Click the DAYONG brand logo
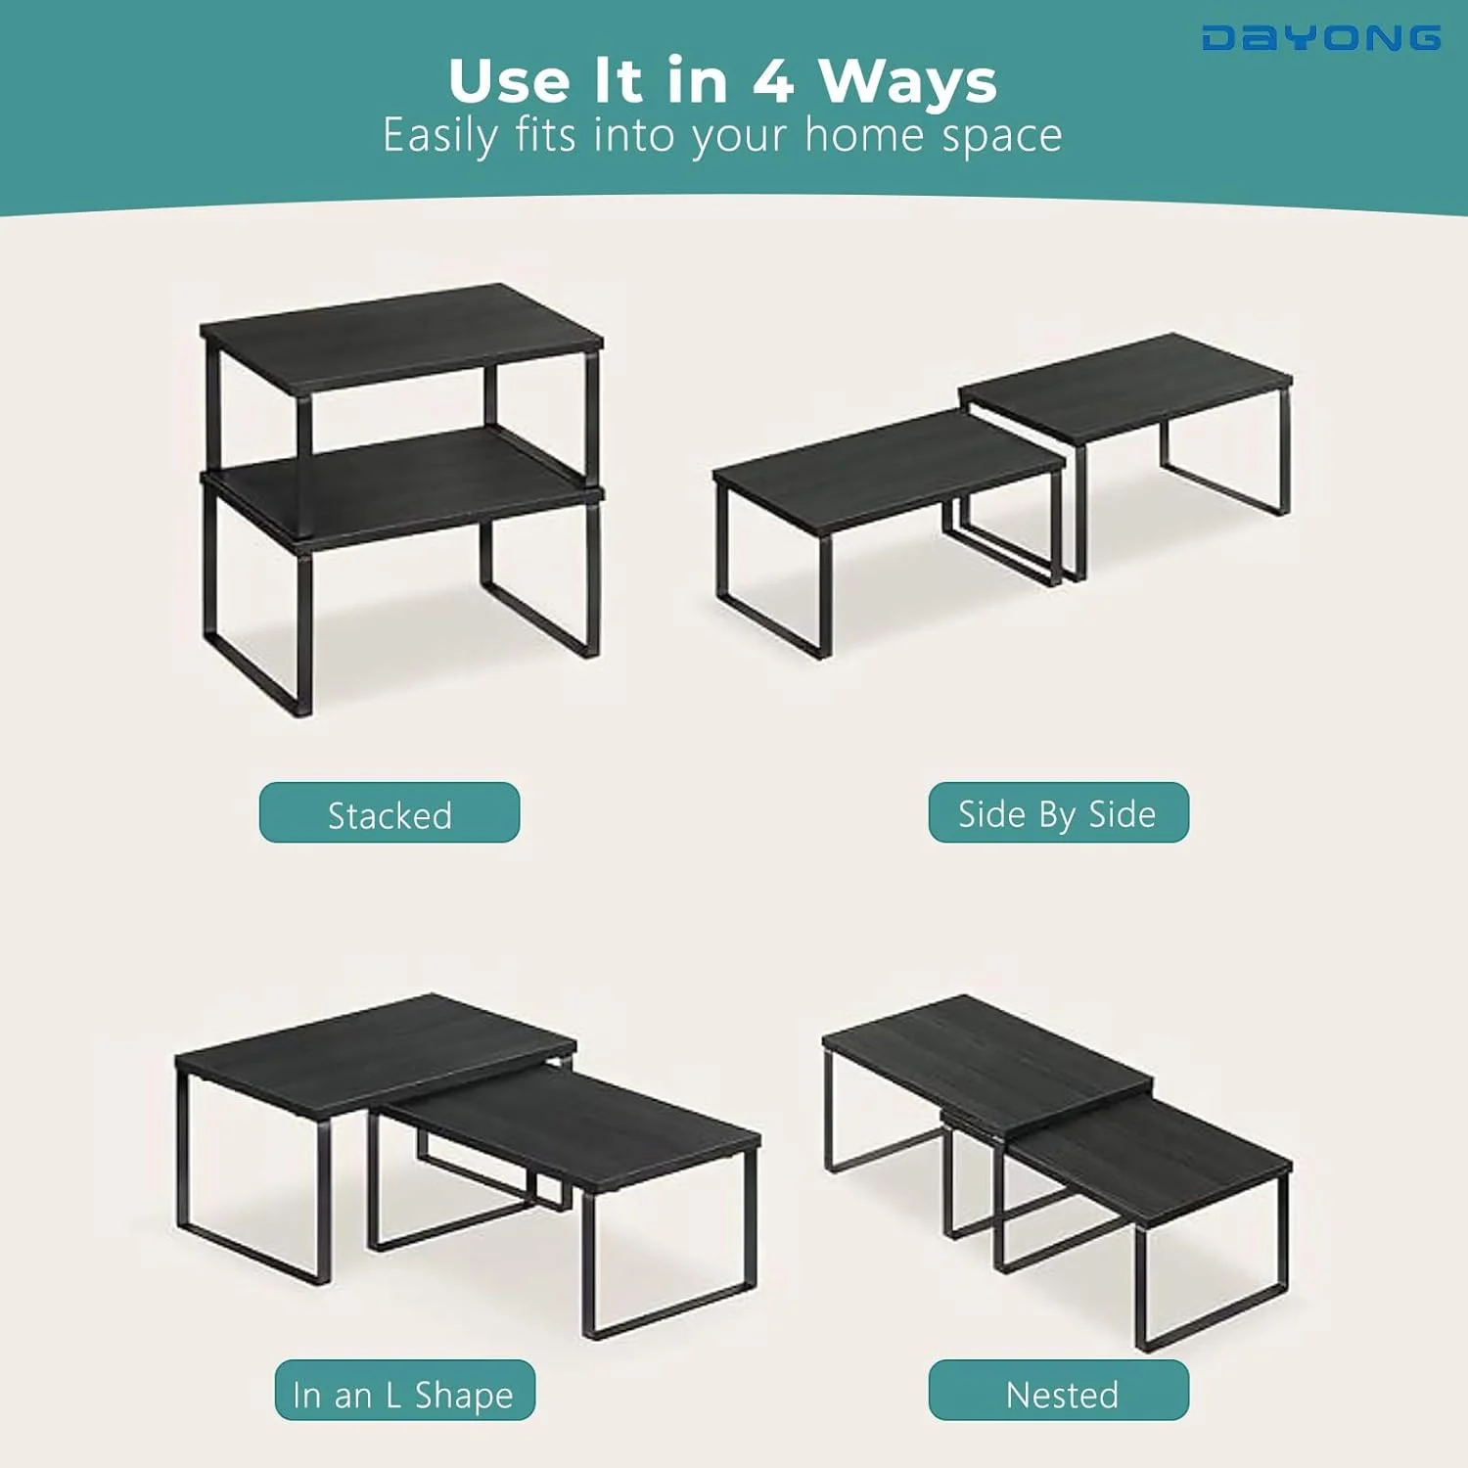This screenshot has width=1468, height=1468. pyautogui.click(x=1321, y=38)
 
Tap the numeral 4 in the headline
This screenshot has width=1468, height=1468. pyautogui.click(x=772, y=80)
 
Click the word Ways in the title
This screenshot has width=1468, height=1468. pyautogui.click(x=908, y=82)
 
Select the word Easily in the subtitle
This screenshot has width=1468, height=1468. pyautogui.click(x=440, y=135)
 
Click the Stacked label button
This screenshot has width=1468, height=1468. pyautogui.click(x=390, y=812)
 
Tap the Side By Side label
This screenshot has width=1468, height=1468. pyautogui.click(x=1059, y=812)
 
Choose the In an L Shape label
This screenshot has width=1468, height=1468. pyautogui.click(x=405, y=1390)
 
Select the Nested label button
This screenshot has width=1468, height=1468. pyautogui.click(x=1059, y=1390)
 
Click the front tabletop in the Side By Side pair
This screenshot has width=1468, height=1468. pyautogui.click(x=889, y=472)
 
